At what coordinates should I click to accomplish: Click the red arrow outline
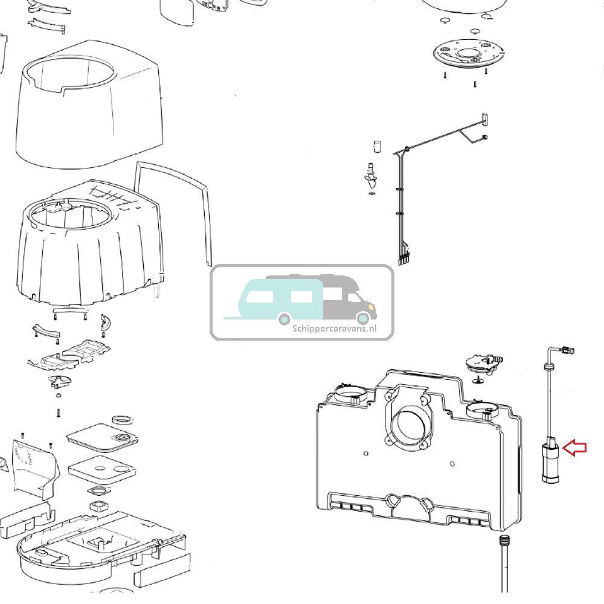(x=575, y=448)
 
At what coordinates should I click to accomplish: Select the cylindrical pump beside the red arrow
(x=550, y=462)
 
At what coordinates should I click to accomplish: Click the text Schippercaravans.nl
(x=334, y=329)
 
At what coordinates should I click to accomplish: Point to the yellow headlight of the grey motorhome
(x=364, y=317)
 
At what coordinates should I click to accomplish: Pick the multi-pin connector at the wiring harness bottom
(x=403, y=259)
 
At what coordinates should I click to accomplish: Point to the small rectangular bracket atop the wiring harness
(x=484, y=119)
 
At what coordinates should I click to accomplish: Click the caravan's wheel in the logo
(x=284, y=318)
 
